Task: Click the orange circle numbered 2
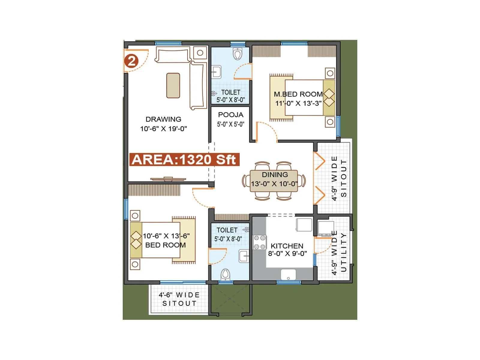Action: tap(131, 61)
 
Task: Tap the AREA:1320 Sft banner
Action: tap(184, 160)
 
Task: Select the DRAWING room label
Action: tap(163, 119)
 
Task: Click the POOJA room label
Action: tap(230, 115)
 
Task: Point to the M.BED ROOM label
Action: tap(298, 94)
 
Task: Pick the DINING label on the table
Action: tap(274, 175)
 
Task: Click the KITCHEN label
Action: tap(287, 246)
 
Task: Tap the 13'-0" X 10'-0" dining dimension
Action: tap(274, 184)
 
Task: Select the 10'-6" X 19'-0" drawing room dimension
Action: tap(163, 129)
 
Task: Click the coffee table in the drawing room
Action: tap(173, 85)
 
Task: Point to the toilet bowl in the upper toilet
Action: tap(237, 54)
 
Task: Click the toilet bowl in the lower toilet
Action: tap(225, 274)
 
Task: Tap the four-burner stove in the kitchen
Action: tap(259, 242)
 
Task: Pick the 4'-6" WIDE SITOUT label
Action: tap(179, 299)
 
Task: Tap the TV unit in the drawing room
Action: tap(168, 179)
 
